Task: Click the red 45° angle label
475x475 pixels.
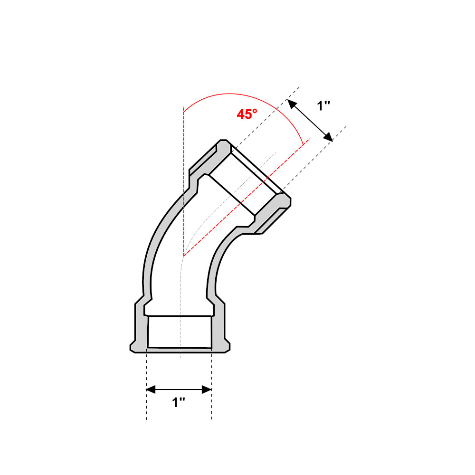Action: [247, 114]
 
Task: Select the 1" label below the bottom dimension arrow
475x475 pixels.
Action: [179, 403]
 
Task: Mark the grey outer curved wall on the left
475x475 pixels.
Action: [148, 266]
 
